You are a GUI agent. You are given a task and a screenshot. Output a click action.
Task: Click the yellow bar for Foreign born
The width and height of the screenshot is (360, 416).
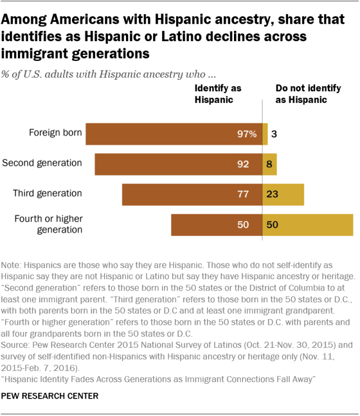[265, 134]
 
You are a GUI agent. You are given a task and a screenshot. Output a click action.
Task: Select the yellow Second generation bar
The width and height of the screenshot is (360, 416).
[269, 164]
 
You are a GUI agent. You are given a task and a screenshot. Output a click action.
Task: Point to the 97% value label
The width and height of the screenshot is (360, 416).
[246, 134]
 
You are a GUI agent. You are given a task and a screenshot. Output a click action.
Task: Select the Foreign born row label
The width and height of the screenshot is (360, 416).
[55, 133]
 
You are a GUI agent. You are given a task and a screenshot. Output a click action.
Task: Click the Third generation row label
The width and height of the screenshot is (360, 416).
[48, 194]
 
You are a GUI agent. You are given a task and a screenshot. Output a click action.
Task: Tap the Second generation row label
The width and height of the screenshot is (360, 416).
[42, 163]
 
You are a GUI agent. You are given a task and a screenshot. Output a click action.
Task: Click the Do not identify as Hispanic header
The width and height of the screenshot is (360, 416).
[301, 94]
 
